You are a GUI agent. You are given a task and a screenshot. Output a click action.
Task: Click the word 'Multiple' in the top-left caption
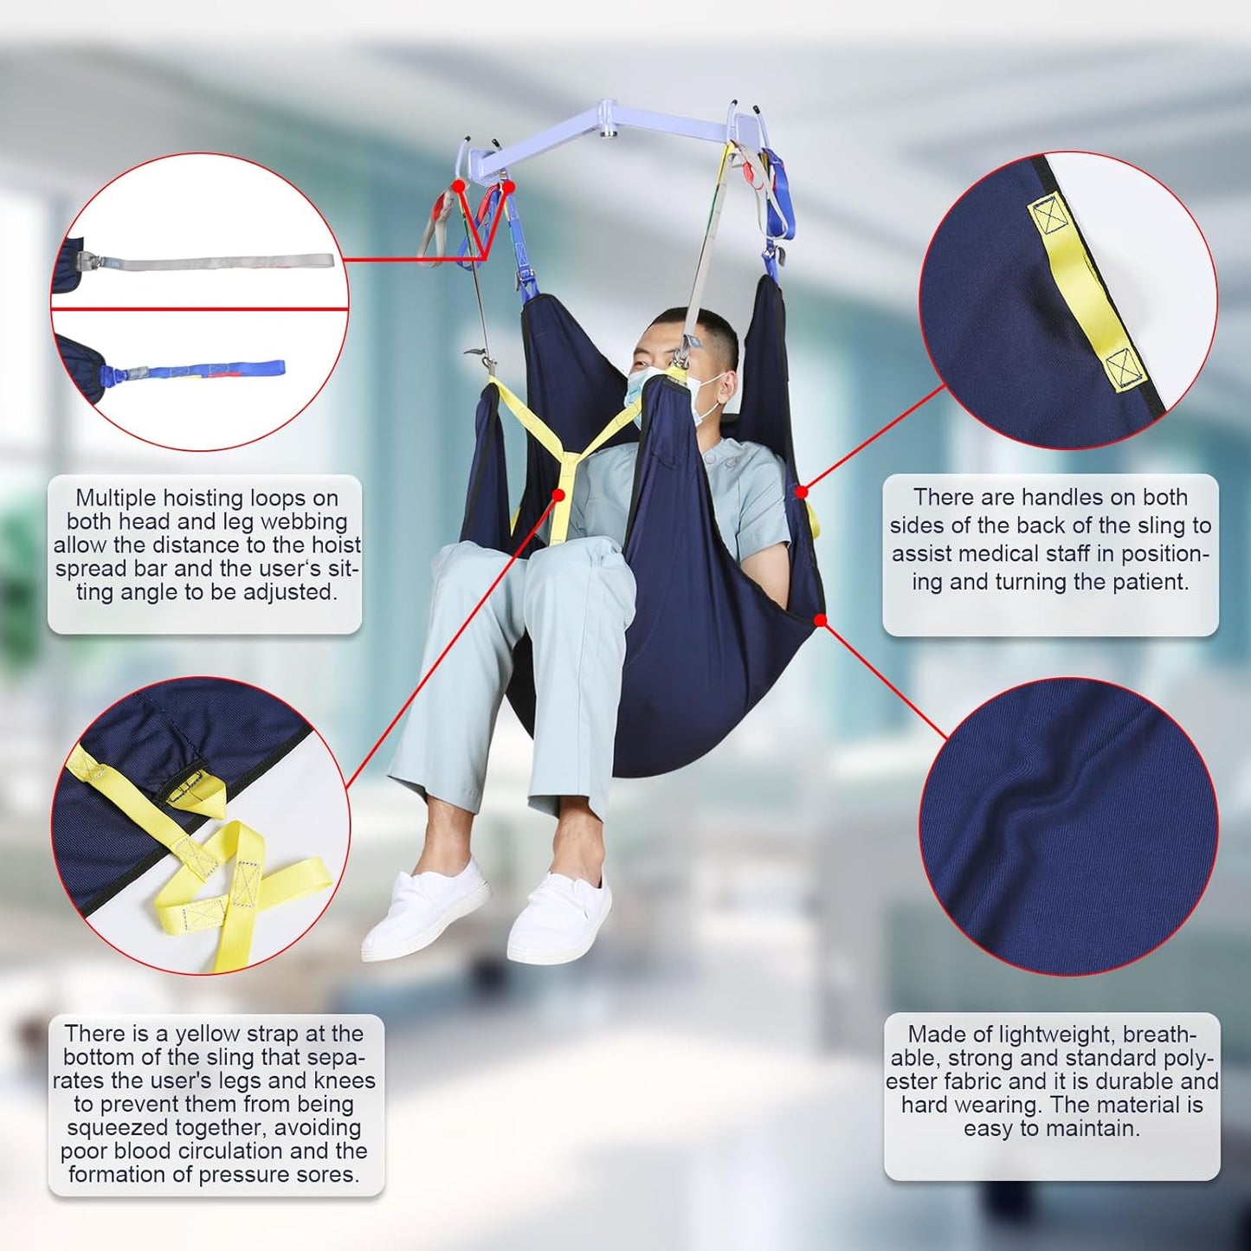pos(113,498)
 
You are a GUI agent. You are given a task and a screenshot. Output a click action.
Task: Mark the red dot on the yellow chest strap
pos(558,494)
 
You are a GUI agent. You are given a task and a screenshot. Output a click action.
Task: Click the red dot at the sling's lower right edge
pos(820,620)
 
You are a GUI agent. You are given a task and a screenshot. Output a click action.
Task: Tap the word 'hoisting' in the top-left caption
pos(205,499)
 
